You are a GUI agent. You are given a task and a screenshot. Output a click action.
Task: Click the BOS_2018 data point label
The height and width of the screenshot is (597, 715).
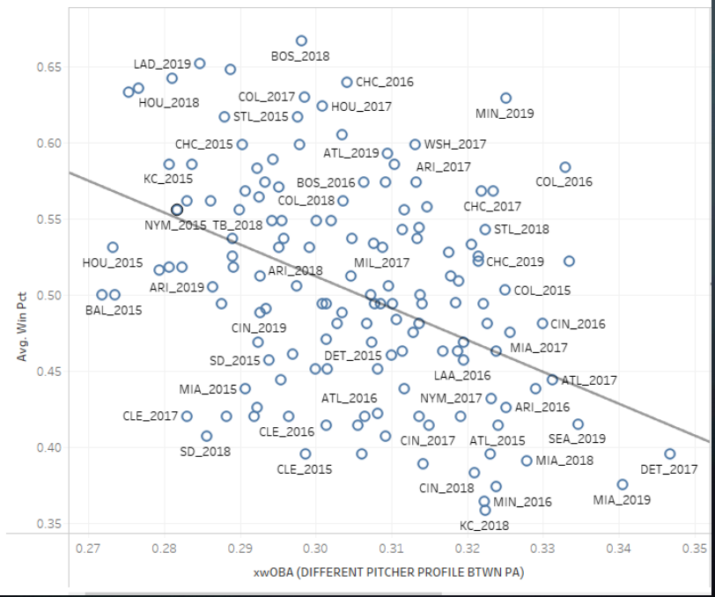tap(301, 56)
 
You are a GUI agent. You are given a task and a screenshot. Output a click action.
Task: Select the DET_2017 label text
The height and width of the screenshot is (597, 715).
tap(669, 469)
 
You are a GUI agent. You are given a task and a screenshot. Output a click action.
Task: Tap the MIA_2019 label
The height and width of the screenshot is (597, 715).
tap(623, 500)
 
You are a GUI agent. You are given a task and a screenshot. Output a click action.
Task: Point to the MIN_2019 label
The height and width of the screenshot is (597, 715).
tap(505, 114)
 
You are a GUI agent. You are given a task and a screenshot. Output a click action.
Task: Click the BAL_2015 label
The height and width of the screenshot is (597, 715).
tap(114, 310)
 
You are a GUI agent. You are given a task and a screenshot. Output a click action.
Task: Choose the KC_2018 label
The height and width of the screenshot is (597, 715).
tap(484, 526)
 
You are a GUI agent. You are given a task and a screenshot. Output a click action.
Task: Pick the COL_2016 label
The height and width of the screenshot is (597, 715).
tap(564, 182)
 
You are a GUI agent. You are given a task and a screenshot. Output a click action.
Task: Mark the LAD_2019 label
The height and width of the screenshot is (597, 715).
tap(163, 64)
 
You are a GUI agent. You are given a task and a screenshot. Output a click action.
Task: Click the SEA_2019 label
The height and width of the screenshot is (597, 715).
tap(577, 439)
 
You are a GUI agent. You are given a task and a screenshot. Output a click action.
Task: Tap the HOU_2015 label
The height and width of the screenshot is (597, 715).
tap(113, 262)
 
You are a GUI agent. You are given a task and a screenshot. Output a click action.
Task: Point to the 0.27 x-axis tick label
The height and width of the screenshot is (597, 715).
tap(88, 548)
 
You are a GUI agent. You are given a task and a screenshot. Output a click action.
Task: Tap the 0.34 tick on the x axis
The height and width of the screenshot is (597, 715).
tap(619, 548)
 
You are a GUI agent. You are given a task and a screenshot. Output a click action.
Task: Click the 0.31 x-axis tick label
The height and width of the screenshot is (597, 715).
tap(392, 548)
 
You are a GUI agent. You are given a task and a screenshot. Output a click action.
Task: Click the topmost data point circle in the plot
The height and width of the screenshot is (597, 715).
tap(301, 41)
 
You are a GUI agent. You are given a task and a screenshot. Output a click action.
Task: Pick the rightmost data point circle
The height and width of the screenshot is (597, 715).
tap(669, 454)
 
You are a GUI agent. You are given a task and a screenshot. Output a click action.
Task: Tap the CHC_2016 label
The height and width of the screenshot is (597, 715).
tap(385, 82)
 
